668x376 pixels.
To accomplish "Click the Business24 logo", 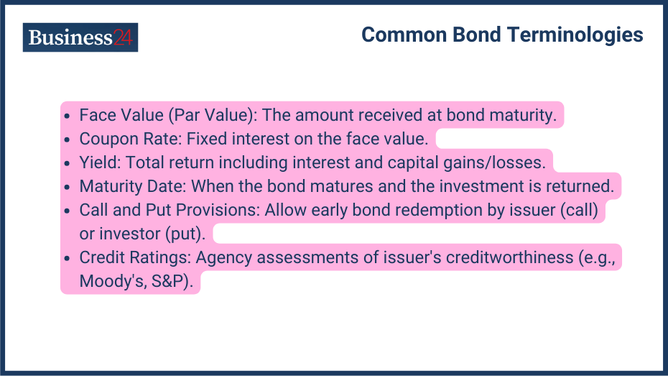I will tap(80, 37).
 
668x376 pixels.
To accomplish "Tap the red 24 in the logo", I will tap(123, 37).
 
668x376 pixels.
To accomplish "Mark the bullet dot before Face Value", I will tap(67, 116).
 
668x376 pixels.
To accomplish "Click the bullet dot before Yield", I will tap(67, 163).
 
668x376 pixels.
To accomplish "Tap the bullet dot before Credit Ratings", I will tap(67, 258).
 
